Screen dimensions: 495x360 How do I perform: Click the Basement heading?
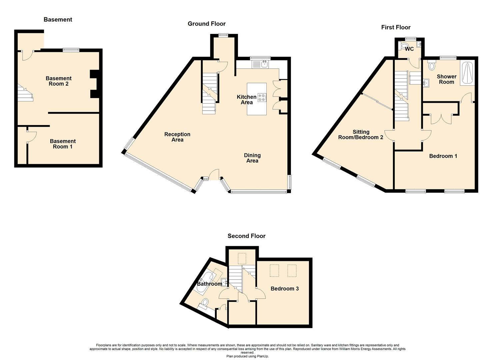[58, 20]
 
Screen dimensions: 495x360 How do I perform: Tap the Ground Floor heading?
[207, 24]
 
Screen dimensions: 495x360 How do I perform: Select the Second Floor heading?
[246, 236]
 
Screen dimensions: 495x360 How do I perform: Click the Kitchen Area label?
[247, 100]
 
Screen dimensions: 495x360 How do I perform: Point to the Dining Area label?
[252, 158]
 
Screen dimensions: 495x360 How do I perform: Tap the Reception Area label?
[177, 137]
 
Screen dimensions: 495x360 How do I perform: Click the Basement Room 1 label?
[63, 144]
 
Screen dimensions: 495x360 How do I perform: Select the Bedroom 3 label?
[285, 289]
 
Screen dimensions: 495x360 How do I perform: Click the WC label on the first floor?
[409, 49]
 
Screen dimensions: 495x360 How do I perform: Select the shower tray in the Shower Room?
[467, 74]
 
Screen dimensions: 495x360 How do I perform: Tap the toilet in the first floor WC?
[404, 46]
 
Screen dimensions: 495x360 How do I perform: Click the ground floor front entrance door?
[214, 175]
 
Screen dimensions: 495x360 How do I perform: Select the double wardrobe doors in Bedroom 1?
[441, 119]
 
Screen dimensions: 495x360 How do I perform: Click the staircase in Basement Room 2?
[25, 93]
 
